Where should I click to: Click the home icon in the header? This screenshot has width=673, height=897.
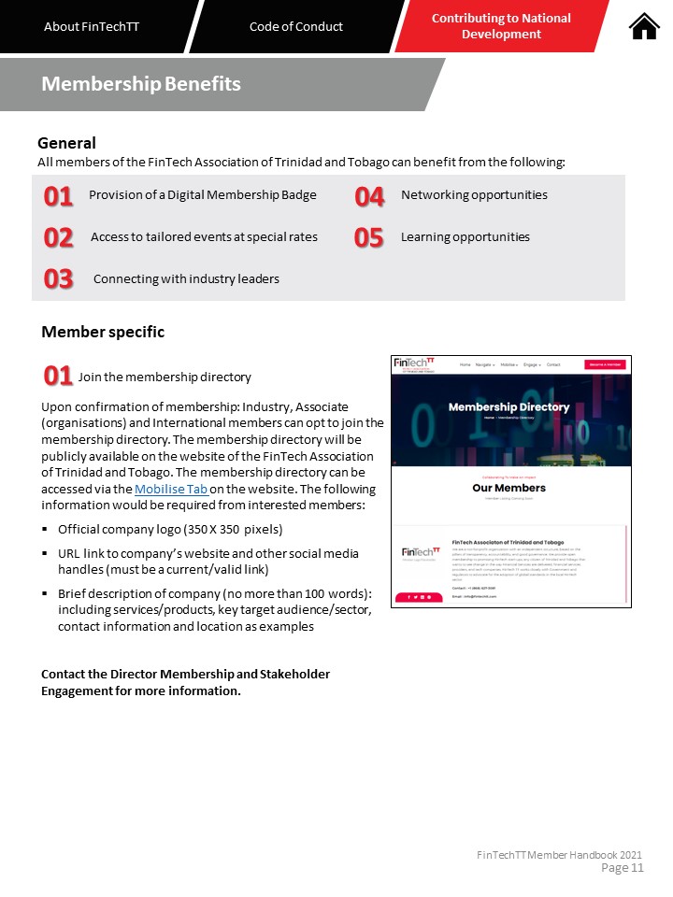coord(644,26)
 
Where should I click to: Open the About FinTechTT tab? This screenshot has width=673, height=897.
coord(92,26)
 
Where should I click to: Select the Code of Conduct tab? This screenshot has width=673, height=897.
coord(296,26)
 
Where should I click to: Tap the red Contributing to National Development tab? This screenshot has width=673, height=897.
coord(501,26)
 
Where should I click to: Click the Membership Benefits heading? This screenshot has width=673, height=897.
coord(141,84)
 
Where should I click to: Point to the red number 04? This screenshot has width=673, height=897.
coord(370,196)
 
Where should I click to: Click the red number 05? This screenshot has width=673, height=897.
coord(369,237)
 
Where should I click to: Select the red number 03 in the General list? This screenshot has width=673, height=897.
coord(58,279)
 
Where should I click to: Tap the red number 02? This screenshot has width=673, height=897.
coord(58,237)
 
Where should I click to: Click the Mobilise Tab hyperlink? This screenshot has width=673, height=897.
coord(171,490)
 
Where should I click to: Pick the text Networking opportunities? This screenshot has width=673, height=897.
coord(474,195)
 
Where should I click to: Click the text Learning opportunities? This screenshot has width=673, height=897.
coord(465,237)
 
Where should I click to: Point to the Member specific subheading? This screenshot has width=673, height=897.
coord(103,332)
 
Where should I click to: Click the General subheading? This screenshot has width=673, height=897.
coord(66,143)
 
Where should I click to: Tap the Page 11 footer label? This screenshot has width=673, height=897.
coord(623,868)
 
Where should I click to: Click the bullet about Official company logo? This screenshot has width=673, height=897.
coord(169,529)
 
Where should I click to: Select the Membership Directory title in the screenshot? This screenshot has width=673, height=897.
coord(508,407)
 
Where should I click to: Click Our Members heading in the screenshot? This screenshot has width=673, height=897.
coord(508,488)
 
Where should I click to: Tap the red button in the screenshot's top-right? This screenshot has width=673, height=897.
coord(604,364)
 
